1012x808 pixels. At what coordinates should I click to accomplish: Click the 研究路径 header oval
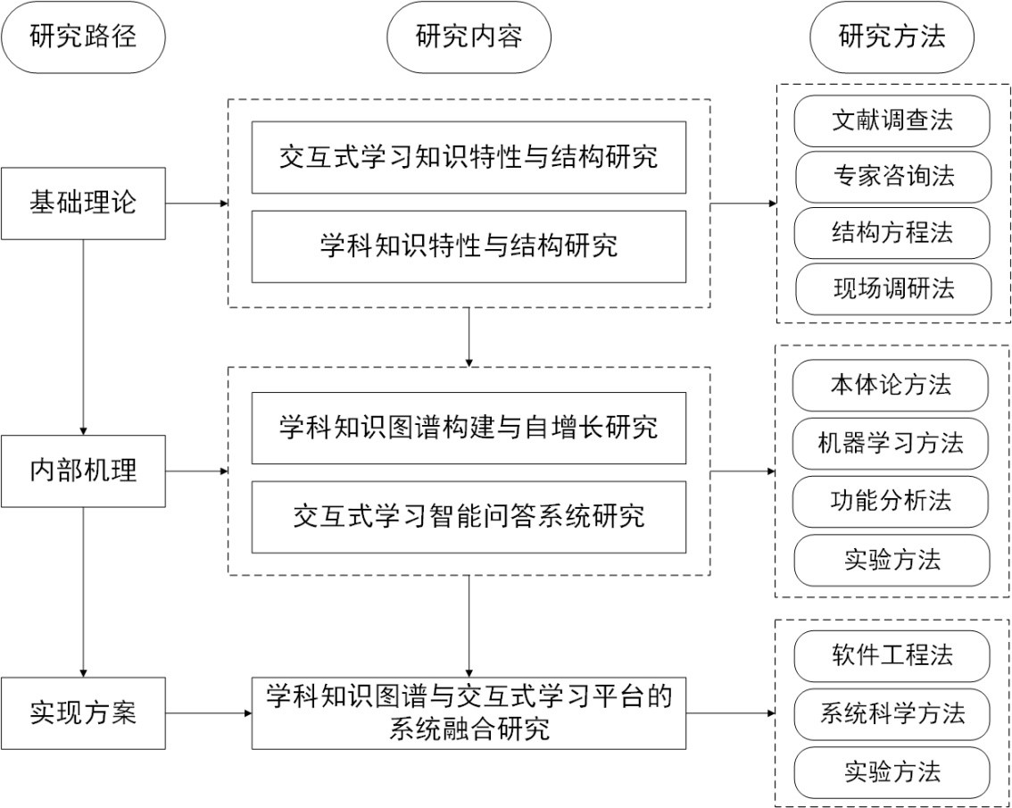click(83, 37)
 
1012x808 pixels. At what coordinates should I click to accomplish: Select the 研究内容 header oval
click(469, 37)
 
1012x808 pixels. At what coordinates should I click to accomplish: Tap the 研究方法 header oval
click(892, 37)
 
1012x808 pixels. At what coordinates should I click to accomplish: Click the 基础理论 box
click(83, 204)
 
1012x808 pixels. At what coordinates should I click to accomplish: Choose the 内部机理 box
click(83, 471)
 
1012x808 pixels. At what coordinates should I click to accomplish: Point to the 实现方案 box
click(83, 712)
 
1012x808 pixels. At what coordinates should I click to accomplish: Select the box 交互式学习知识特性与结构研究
click(469, 157)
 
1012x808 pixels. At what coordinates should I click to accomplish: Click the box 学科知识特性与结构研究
click(469, 246)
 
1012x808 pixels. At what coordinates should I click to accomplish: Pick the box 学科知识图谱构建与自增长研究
click(469, 428)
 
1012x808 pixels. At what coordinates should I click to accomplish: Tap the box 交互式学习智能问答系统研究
click(469, 517)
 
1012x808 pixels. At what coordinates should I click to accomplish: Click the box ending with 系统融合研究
click(469, 712)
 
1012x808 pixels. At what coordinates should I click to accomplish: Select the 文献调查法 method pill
click(892, 121)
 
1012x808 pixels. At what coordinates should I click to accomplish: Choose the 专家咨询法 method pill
click(892, 177)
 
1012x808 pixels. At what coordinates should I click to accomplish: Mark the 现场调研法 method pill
click(892, 288)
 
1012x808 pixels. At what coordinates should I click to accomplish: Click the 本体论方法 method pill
click(892, 386)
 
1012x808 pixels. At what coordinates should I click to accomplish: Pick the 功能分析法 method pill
click(892, 502)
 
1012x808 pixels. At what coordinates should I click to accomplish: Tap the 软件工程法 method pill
click(892, 656)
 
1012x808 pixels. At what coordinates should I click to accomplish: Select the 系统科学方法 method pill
click(892, 714)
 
